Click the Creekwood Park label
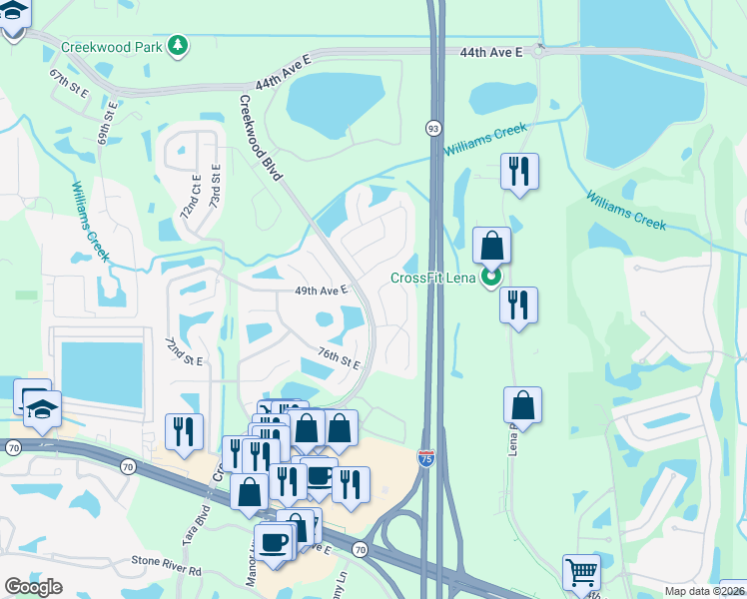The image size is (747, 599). (x=111, y=46)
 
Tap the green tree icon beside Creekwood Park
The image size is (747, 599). (x=178, y=45)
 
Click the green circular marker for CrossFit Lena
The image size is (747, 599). (x=490, y=277)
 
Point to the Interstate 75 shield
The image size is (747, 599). (x=425, y=460)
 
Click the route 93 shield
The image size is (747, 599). (x=432, y=128)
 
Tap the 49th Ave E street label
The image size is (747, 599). (x=320, y=291)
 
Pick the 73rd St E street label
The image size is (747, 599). (x=215, y=190)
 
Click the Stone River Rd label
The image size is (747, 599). (x=168, y=571)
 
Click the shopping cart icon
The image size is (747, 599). (x=581, y=573)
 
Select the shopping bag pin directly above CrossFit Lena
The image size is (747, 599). (x=491, y=245)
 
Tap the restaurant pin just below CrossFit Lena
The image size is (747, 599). (x=518, y=304)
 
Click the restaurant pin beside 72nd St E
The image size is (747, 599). (x=184, y=430)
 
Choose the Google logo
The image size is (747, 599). (x=33, y=586)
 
